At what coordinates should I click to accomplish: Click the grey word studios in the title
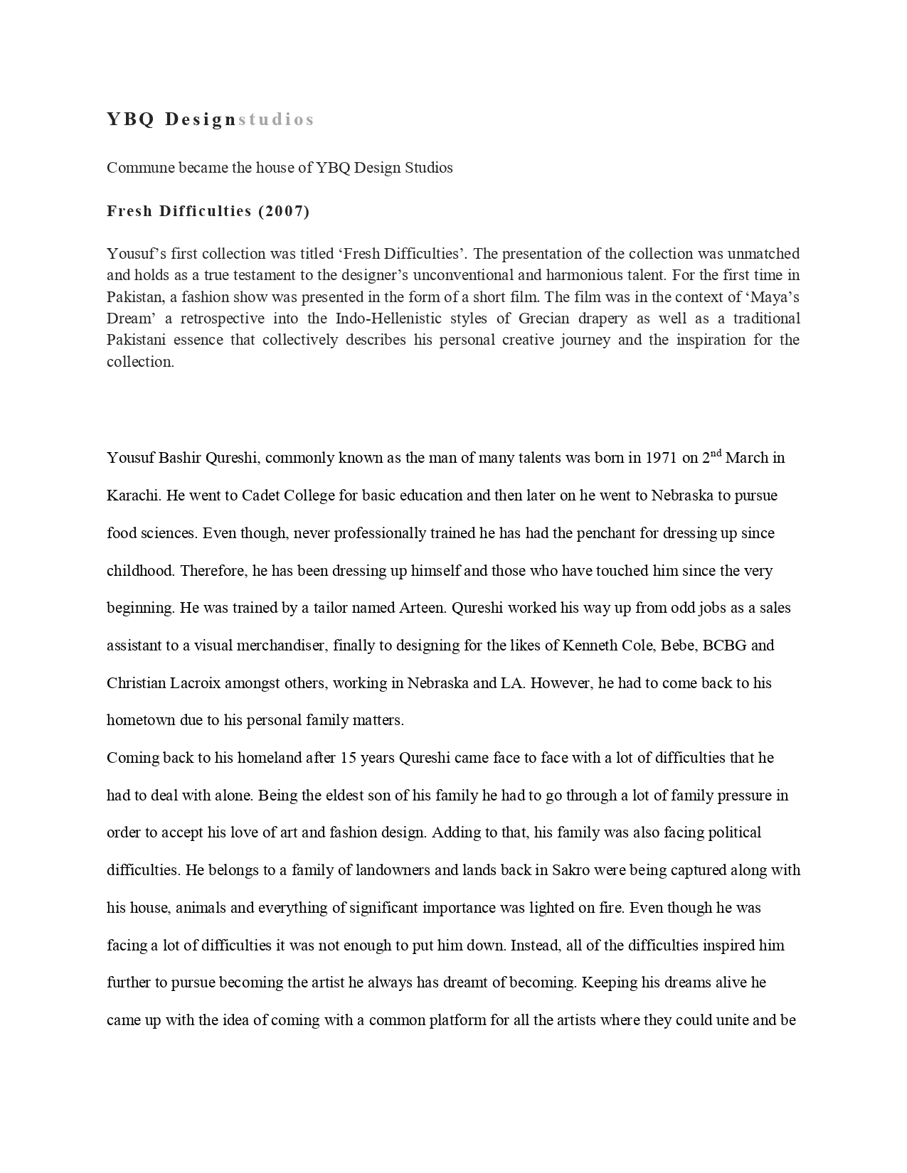coord(276,119)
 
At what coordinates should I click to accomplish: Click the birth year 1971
coord(661,458)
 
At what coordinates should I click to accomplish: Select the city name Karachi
coord(133,496)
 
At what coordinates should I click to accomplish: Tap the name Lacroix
coord(196,683)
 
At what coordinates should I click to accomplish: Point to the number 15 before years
coord(348,758)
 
